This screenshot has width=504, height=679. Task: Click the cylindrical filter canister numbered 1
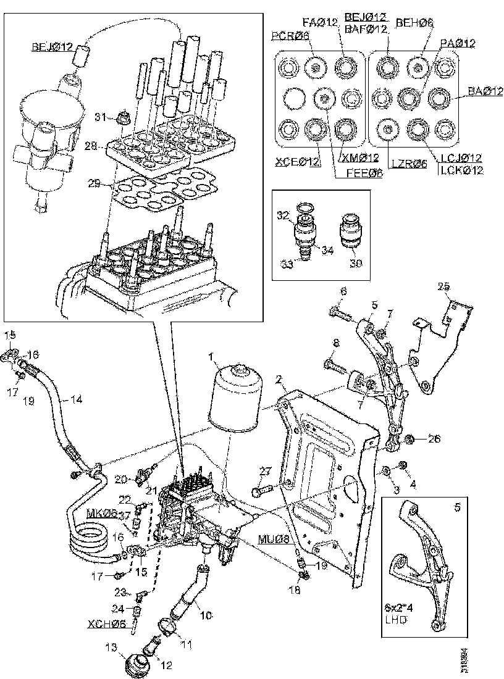235,394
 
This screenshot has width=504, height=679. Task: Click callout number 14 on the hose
76,399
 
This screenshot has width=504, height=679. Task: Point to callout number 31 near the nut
101,115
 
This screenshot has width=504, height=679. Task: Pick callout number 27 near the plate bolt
264,472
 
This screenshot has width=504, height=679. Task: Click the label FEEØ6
358,173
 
